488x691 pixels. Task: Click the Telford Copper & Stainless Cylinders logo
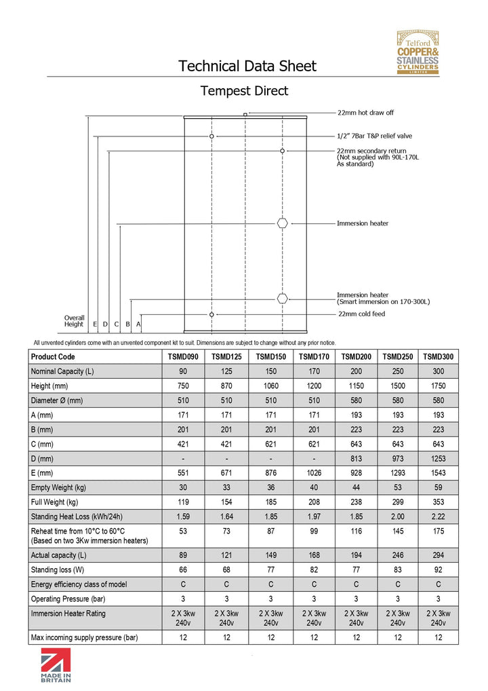418,53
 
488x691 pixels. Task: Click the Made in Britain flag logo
56,667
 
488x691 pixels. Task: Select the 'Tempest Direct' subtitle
244,91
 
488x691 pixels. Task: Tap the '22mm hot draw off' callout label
365,113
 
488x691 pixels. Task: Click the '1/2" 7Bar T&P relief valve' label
374,136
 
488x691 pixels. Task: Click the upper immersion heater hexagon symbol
283,223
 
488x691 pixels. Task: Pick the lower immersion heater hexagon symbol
283,298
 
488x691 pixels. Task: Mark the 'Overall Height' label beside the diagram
74,320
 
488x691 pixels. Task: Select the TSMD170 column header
314,357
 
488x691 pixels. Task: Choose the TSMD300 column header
438,357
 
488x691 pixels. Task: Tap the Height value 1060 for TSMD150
270,386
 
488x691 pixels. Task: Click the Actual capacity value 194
355,555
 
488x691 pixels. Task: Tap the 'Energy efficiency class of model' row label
78,584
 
